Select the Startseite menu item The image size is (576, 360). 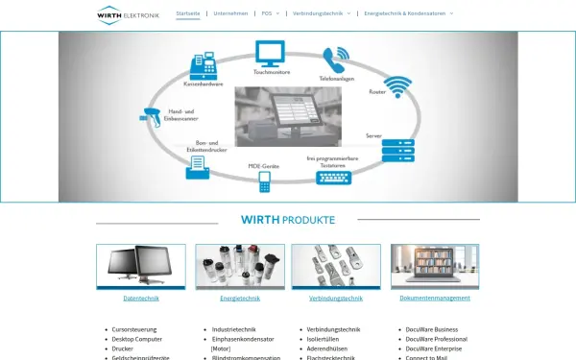coord(188,13)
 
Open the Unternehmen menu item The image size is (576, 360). coord(230,13)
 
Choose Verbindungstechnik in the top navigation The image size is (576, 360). coord(322,13)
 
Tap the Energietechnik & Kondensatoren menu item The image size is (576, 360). coord(408,13)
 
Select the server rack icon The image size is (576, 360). coord(396,151)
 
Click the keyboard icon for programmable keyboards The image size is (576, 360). coord(334,176)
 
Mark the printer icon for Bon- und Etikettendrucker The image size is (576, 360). coord(197,166)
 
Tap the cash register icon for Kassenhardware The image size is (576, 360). coord(204,65)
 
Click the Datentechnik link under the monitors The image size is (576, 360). coord(141,299)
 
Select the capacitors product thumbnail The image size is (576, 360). coord(240,266)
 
